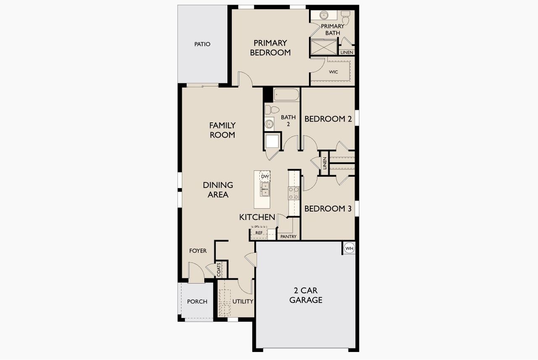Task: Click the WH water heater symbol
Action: coord(349,249)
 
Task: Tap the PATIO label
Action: coord(202,44)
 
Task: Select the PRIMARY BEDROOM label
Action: coord(270,48)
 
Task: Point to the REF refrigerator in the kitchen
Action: coord(259,233)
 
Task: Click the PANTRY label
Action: coord(288,237)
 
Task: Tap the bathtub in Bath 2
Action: coord(286,95)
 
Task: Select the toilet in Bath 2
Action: coord(272,110)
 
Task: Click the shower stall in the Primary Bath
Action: coord(324,46)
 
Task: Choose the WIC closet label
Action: coord(333,72)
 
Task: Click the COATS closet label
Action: coord(219,270)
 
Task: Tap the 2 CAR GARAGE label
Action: coord(308,295)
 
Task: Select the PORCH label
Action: coord(197,302)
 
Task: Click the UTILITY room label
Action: coord(243,302)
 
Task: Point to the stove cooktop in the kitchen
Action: coord(293,193)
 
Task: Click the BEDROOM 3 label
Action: coord(327,209)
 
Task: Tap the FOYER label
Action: coord(198,251)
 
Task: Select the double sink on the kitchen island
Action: coord(265,189)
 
